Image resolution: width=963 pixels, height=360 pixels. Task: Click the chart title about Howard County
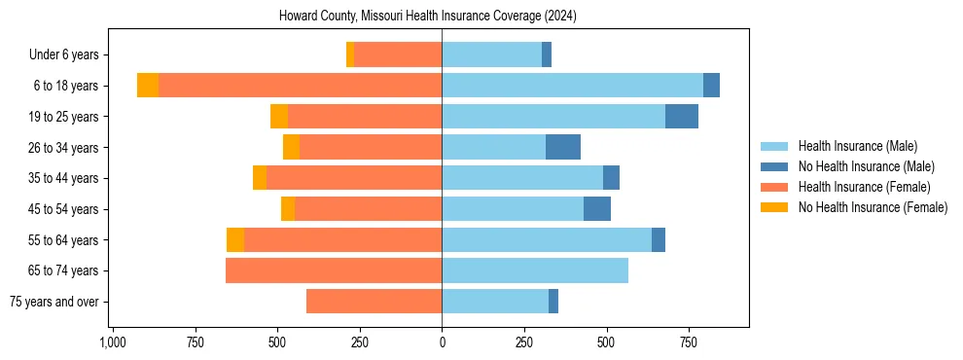pyautogui.click(x=442, y=17)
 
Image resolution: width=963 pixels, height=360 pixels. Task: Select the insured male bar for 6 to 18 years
pyautogui.click(x=572, y=86)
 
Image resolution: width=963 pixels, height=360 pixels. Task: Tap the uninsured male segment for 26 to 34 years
pyautogui.click(x=563, y=147)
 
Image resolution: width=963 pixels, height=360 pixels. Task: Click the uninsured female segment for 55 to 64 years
pyautogui.click(x=235, y=239)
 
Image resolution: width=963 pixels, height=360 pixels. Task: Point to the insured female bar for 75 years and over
pyautogui.click(x=374, y=302)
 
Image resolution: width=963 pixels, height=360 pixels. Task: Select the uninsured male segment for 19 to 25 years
pyautogui.click(x=682, y=117)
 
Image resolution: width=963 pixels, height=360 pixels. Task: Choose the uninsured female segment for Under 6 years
pyautogui.click(x=350, y=54)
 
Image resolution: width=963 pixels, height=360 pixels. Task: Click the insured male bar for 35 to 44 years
pyautogui.click(x=522, y=178)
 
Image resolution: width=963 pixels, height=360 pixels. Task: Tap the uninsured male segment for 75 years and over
pyautogui.click(x=553, y=302)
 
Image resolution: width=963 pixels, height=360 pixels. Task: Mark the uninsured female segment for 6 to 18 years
pyautogui.click(x=148, y=86)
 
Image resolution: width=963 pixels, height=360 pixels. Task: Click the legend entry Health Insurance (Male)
pyautogui.click(x=857, y=146)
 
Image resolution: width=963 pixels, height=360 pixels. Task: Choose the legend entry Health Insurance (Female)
pyautogui.click(x=864, y=187)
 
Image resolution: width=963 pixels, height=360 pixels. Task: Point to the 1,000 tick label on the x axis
pyautogui.click(x=113, y=343)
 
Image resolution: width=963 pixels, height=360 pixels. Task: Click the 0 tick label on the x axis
pyautogui.click(x=442, y=343)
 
